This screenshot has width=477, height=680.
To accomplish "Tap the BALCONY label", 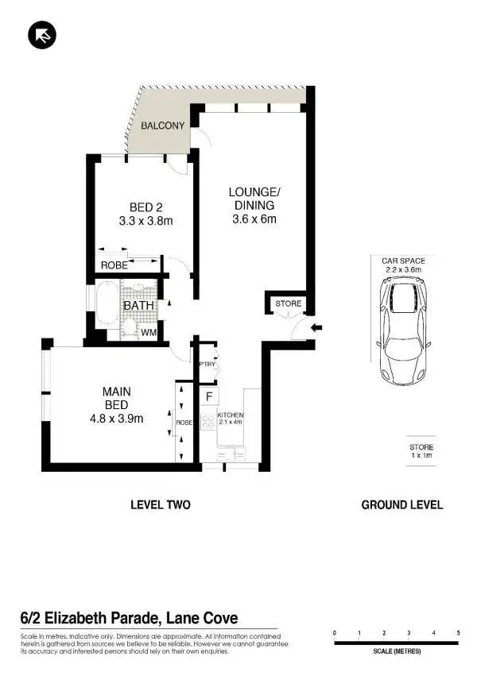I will click(x=162, y=126).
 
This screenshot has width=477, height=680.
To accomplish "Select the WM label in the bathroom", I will click(x=148, y=332).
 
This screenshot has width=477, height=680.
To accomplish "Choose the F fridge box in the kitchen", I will click(x=210, y=396).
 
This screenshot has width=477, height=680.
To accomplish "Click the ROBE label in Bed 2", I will click(x=113, y=266).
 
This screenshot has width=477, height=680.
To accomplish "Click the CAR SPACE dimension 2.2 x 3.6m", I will click(x=403, y=270).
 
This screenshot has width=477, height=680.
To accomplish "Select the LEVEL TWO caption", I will click(x=161, y=504).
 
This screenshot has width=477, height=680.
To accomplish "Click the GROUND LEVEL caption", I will click(x=402, y=504).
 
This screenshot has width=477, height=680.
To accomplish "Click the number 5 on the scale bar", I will click(x=458, y=632).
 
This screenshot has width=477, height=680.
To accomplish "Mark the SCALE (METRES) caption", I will click(x=396, y=651).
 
